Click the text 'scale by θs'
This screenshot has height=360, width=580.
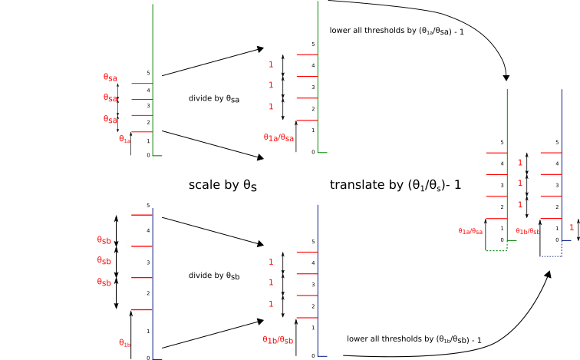222,185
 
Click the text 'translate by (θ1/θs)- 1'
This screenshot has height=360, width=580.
395,185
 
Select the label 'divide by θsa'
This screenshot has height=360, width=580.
214,99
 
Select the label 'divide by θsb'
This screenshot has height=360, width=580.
214,276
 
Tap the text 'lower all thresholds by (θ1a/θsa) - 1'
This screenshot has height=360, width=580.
397,31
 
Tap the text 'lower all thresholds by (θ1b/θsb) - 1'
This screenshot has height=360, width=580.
414,339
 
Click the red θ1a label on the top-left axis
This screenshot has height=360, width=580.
124,139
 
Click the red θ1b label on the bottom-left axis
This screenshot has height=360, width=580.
124,343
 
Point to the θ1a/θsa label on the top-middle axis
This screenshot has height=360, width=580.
278,137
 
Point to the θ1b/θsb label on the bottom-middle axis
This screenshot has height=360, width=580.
278,340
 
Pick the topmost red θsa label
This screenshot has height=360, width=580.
110,78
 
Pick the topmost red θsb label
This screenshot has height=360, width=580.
104,240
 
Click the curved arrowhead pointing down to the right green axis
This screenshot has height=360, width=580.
506,78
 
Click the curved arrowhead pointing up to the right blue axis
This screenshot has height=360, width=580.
549,275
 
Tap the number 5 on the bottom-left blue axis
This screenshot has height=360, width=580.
148,206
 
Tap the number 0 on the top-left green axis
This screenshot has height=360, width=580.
148,155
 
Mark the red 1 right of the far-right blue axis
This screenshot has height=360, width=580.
572,228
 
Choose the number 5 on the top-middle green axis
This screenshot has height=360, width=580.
313,44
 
